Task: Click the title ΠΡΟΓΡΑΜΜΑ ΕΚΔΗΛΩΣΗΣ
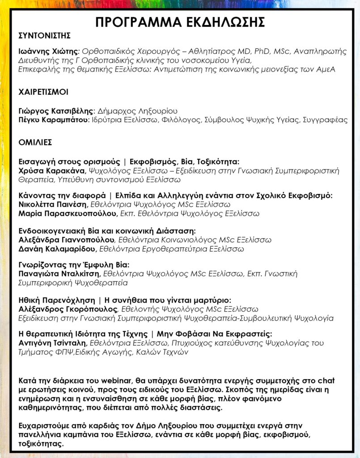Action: (x=180, y=22)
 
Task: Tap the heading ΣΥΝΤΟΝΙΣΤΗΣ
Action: (x=45, y=36)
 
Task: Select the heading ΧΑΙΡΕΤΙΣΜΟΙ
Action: (x=43, y=92)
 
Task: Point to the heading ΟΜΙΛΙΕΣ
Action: (x=35, y=142)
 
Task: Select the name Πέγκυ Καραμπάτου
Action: (x=54, y=120)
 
